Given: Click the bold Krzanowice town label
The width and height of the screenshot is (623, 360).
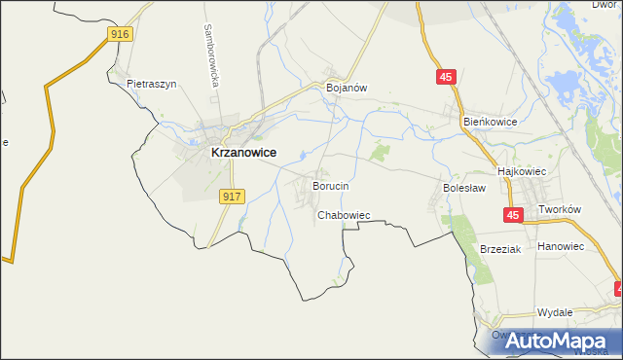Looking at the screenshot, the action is point(243,153).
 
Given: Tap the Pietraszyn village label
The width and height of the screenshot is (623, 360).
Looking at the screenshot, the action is point(151,84).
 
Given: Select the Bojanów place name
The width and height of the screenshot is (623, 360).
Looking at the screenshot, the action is point(346,88).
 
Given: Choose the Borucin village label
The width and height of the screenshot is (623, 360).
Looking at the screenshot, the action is point(330,185).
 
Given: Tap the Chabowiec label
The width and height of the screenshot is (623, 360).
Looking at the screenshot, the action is point(344,215).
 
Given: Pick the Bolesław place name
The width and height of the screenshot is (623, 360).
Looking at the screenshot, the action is point(463,185).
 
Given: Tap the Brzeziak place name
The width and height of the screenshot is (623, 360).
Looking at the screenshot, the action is point(501,249).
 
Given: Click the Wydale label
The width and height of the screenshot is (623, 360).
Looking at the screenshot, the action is point(554,312).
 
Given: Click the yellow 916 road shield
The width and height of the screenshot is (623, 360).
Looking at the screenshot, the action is point(119,34).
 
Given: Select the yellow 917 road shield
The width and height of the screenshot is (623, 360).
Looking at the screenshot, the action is point(231,197).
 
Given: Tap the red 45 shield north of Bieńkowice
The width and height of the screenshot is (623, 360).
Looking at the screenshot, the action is point(447,78).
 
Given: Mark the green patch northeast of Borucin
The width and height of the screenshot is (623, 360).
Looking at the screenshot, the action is point(379,153).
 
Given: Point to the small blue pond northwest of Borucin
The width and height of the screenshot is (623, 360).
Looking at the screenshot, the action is point(305,154).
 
